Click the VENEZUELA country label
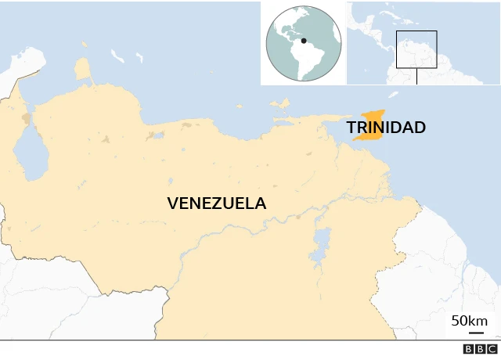[x=216, y=203]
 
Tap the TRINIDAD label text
[x=386, y=128]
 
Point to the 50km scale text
[x=469, y=322]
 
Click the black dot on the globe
[x=304, y=41]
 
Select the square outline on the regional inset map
[x=416, y=49]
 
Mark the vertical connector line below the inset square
[x=416, y=76]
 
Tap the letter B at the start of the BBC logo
[x=467, y=350]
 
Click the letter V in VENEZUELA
[x=173, y=203]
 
